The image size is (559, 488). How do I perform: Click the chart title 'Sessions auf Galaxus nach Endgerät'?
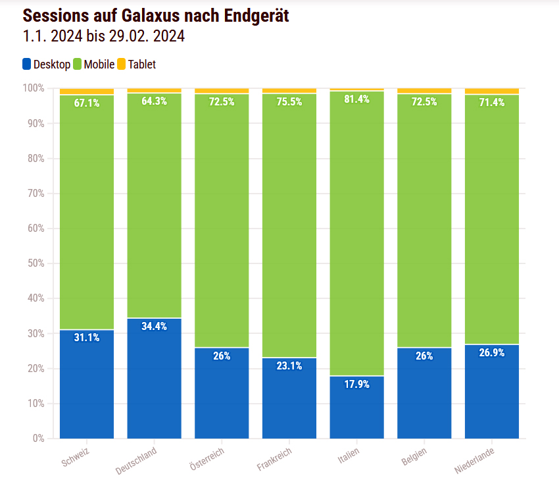[x=156, y=15]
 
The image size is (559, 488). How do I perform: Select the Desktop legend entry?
[x=46, y=64]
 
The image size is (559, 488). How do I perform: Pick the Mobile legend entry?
[x=93, y=64]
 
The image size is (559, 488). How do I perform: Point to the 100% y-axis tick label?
[x=32, y=88]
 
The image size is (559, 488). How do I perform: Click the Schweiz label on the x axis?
[x=75, y=456]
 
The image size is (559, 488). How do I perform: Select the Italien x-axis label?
[x=349, y=456]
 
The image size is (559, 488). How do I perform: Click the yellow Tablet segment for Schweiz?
[x=86, y=92]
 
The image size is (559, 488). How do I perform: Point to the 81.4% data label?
[x=356, y=99]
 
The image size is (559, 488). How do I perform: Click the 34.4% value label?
[x=154, y=326]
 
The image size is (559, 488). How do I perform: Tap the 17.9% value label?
[x=356, y=384]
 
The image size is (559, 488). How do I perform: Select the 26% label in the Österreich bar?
[x=222, y=356]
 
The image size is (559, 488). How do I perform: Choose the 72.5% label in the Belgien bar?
[x=424, y=101]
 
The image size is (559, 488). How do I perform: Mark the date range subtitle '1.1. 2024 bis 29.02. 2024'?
[x=103, y=37]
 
